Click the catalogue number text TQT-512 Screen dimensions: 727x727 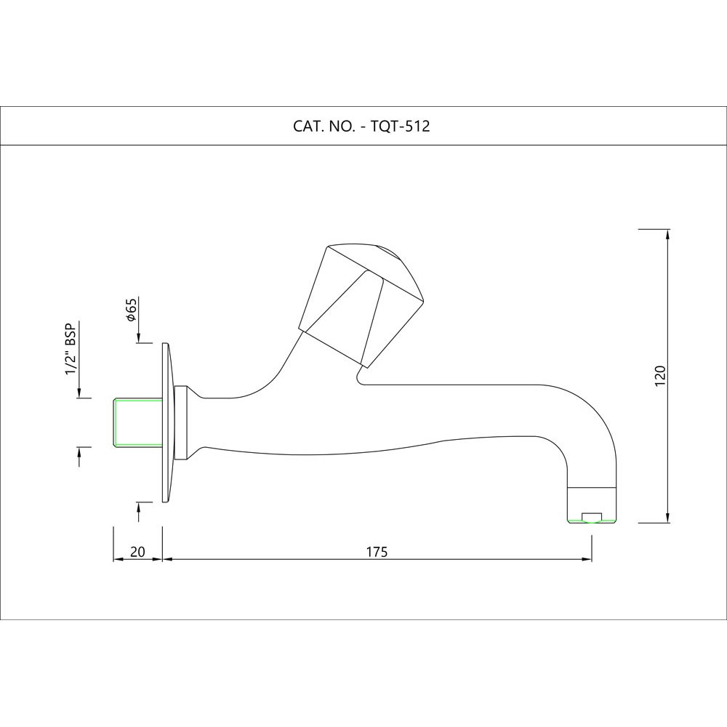[x=401, y=126]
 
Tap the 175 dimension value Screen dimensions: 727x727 [x=376, y=551]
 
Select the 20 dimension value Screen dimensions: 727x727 [x=137, y=551]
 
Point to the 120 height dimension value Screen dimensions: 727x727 [x=660, y=376]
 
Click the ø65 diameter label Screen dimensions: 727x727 [x=132, y=310]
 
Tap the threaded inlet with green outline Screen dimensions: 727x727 [x=138, y=422]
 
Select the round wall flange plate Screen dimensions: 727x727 [x=166, y=422]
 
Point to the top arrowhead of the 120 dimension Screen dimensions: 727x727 [x=667, y=233]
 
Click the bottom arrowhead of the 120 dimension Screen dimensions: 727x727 [x=667, y=518]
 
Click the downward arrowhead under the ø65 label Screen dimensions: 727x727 [x=139, y=338]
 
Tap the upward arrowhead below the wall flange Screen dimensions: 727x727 [x=139, y=507]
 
